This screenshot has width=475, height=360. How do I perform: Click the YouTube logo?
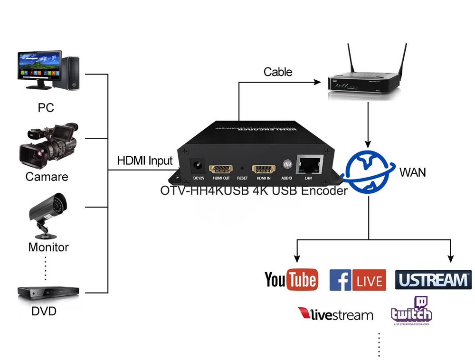point(290,280)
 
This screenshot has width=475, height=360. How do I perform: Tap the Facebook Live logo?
point(357,280)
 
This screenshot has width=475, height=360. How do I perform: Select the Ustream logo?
point(433,280)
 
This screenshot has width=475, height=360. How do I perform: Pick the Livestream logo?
point(335,314)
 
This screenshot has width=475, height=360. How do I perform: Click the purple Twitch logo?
point(411,311)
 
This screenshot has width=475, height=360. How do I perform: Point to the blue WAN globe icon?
point(368,171)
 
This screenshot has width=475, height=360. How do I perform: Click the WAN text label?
point(412,172)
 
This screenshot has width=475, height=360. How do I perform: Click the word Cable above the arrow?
point(278,72)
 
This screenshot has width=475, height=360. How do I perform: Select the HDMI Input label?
point(145,161)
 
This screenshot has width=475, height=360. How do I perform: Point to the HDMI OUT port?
point(221,169)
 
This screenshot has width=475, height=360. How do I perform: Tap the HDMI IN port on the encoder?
point(263,169)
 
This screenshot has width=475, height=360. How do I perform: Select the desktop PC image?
point(47,70)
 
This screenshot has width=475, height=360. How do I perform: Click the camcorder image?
point(47,144)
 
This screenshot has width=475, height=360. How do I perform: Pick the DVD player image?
point(47,293)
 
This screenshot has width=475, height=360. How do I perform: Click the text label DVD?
point(44,312)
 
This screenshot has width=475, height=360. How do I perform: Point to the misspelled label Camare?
point(47,177)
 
